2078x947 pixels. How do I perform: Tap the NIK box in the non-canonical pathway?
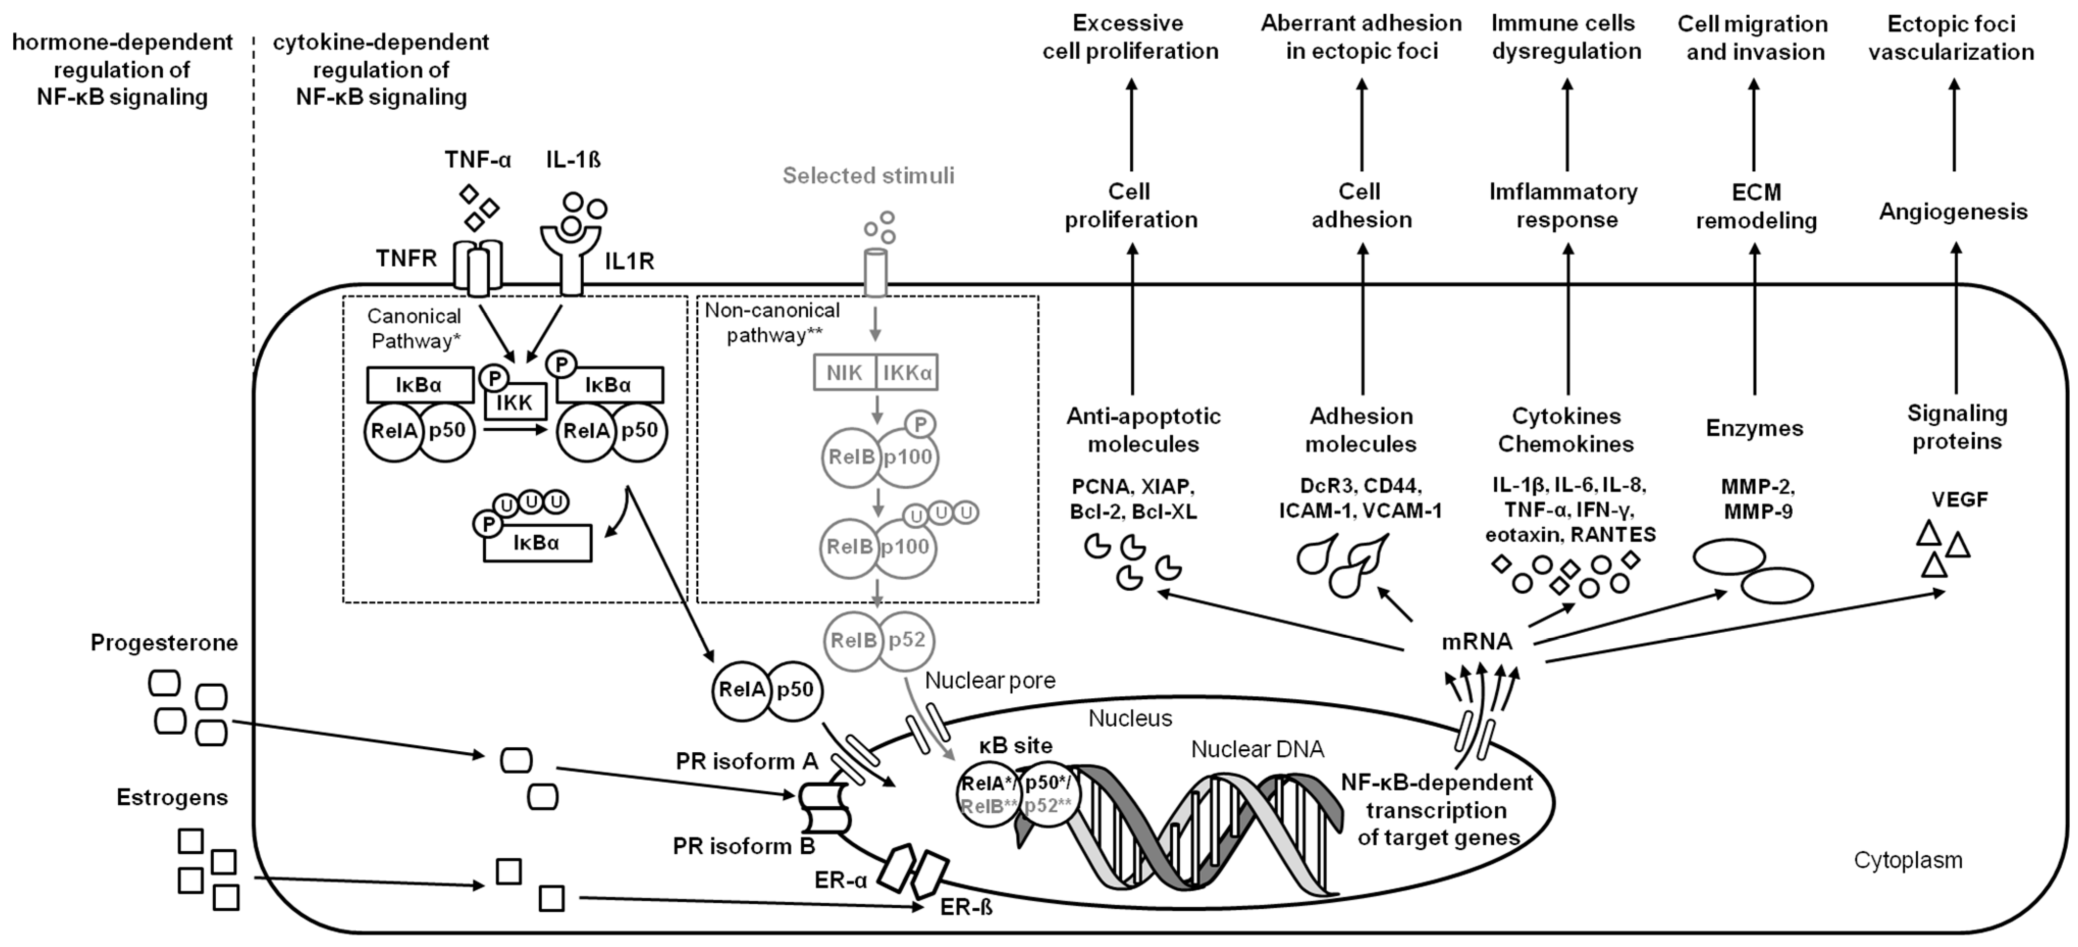point(844,372)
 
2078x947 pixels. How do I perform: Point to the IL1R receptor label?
point(629,261)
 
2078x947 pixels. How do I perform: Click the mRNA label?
point(1477,642)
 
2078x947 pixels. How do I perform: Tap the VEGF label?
point(1960,499)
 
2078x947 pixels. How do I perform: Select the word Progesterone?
point(164,643)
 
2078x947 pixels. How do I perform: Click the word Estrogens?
point(172,798)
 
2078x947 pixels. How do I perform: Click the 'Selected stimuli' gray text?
point(868,176)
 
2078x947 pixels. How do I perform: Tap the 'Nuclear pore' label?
point(990,681)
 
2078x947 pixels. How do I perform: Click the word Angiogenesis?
point(1953,212)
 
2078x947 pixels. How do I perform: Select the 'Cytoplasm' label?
point(1908,860)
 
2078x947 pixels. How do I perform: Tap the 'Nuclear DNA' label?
point(1257,749)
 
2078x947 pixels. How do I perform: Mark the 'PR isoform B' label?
point(744,846)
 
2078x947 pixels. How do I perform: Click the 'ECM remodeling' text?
point(1756,207)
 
